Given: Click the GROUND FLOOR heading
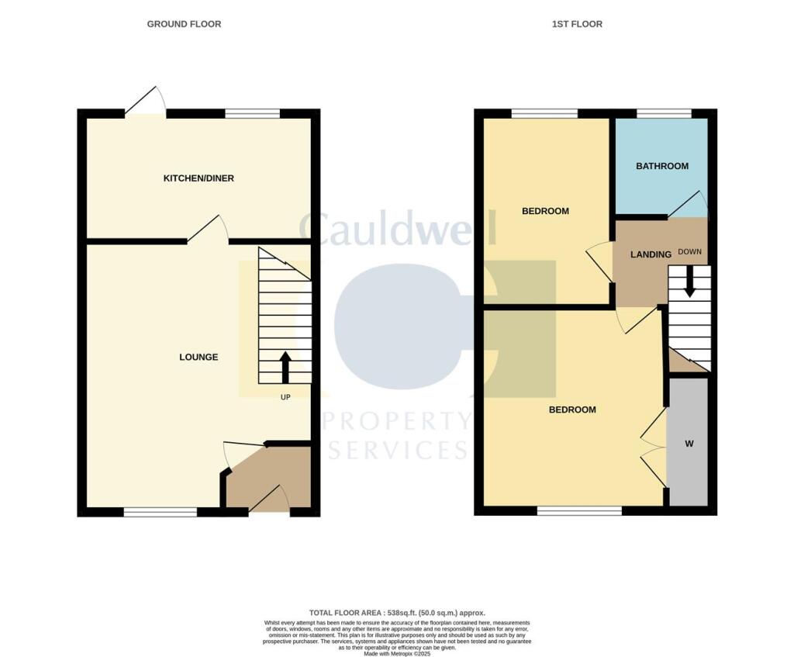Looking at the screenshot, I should [184, 24].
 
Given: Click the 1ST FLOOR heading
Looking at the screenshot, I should [577, 24].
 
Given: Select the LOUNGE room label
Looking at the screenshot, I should [198, 358].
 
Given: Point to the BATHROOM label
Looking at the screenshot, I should [662, 166].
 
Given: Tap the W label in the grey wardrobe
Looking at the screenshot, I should [689, 444].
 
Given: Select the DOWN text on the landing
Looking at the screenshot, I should [689, 252].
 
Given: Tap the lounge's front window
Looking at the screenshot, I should [161, 511].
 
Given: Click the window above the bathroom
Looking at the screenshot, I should [664, 114].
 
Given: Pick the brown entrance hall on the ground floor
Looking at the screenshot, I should [268, 481].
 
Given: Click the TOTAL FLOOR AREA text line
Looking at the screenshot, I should [397, 613].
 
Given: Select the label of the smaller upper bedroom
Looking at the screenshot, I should [545, 211].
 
